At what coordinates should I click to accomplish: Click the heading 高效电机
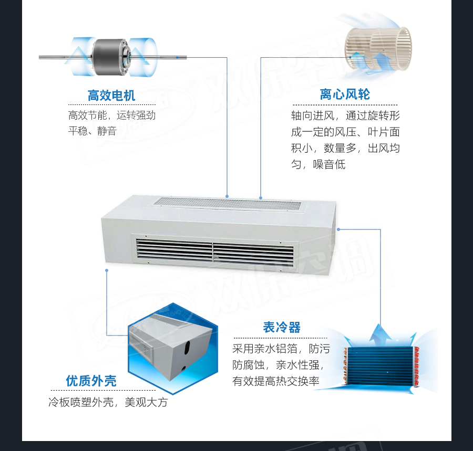tap(111, 96)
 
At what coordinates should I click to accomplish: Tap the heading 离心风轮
tap(345, 95)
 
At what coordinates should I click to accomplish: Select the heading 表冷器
tap(282, 327)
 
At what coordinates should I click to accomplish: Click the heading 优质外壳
tap(91, 381)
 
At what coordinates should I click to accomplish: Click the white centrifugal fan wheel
tap(378, 48)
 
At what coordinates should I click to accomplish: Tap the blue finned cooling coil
tap(380, 365)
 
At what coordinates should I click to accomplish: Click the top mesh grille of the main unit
tap(228, 204)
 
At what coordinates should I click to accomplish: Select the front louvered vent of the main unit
tap(214, 252)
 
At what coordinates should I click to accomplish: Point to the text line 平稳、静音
tap(92, 131)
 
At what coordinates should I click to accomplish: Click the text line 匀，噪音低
tap(318, 164)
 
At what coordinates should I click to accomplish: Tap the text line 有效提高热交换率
tap(276, 381)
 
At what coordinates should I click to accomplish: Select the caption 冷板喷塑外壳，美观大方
tap(108, 402)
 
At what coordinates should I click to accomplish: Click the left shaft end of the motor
tap(40, 57)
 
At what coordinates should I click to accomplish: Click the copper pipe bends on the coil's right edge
tap(416, 366)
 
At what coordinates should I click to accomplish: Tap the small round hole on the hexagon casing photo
tap(184, 368)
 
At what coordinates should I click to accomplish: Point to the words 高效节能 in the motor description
tap(87, 115)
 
